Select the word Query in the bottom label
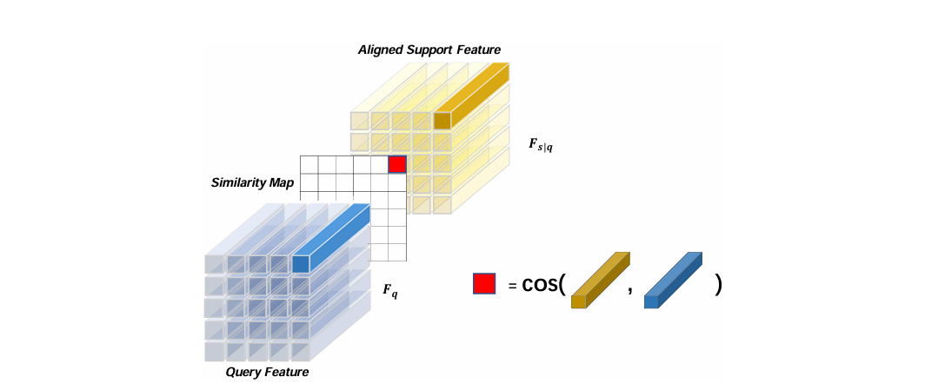click(x=243, y=372)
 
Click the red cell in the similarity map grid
click(x=397, y=164)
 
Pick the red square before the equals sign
click(x=484, y=284)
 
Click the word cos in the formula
click(x=539, y=285)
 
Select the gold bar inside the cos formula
click(x=600, y=281)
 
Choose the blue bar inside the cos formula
click(x=673, y=281)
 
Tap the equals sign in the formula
click(x=513, y=285)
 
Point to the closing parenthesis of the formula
click(x=718, y=285)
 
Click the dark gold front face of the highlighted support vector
click(x=442, y=120)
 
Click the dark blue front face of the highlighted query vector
click(x=301, y=262)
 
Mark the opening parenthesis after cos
click(x=564, y=285)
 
